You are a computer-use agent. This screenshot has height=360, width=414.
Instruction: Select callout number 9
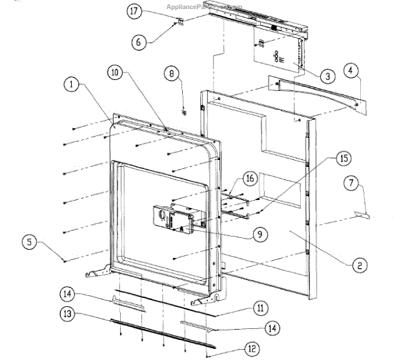tap(259, 234)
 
